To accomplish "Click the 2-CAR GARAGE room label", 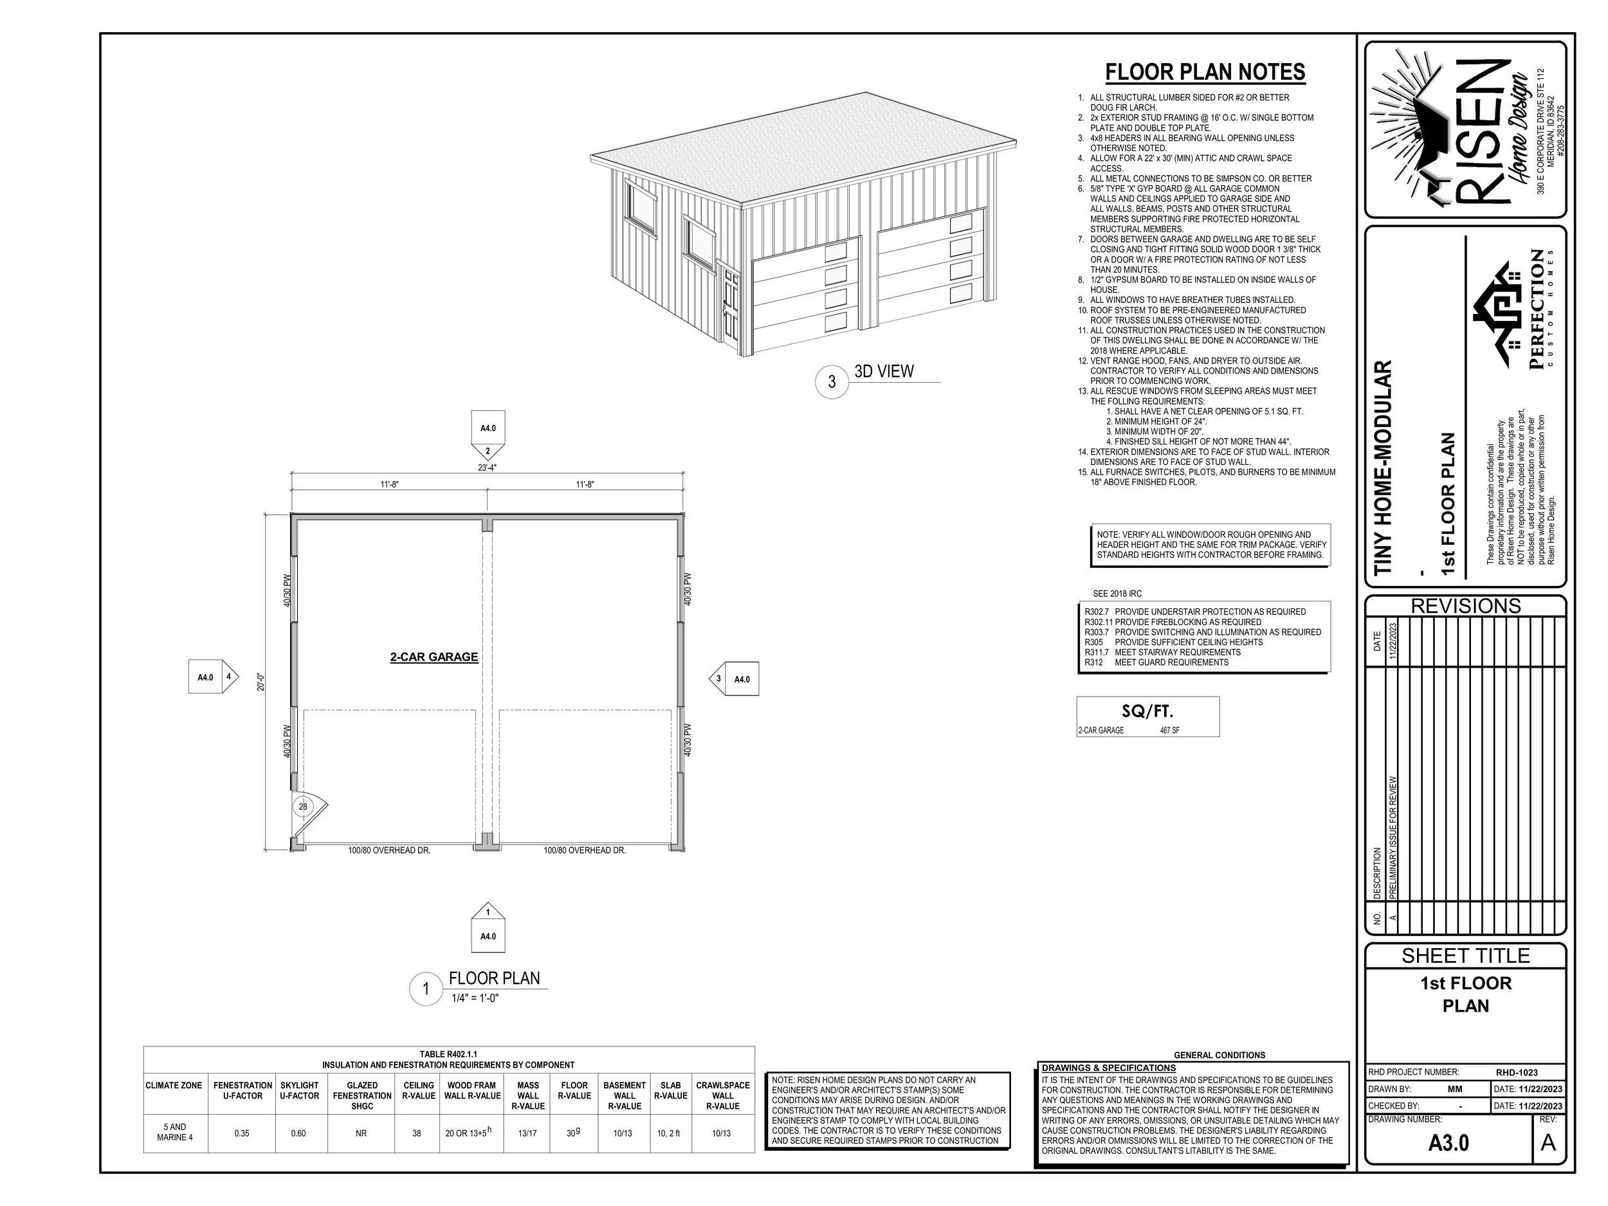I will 434,657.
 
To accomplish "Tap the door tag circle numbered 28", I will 303,806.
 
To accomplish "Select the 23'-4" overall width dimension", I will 487,468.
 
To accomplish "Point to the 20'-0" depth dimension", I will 261,681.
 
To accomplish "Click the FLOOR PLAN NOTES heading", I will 1205,73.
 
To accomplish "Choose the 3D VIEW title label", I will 884,372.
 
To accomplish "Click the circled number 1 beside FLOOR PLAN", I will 426,989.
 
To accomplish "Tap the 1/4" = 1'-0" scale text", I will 475,998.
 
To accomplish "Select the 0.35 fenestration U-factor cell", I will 242,1133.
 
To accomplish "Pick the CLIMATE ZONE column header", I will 174,1085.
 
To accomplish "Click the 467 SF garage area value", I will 1169,731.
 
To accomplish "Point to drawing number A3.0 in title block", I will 1448,1144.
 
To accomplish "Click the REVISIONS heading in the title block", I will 1465,607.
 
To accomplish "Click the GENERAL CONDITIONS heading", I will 1219,1055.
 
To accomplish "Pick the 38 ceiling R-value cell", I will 417,1133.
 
